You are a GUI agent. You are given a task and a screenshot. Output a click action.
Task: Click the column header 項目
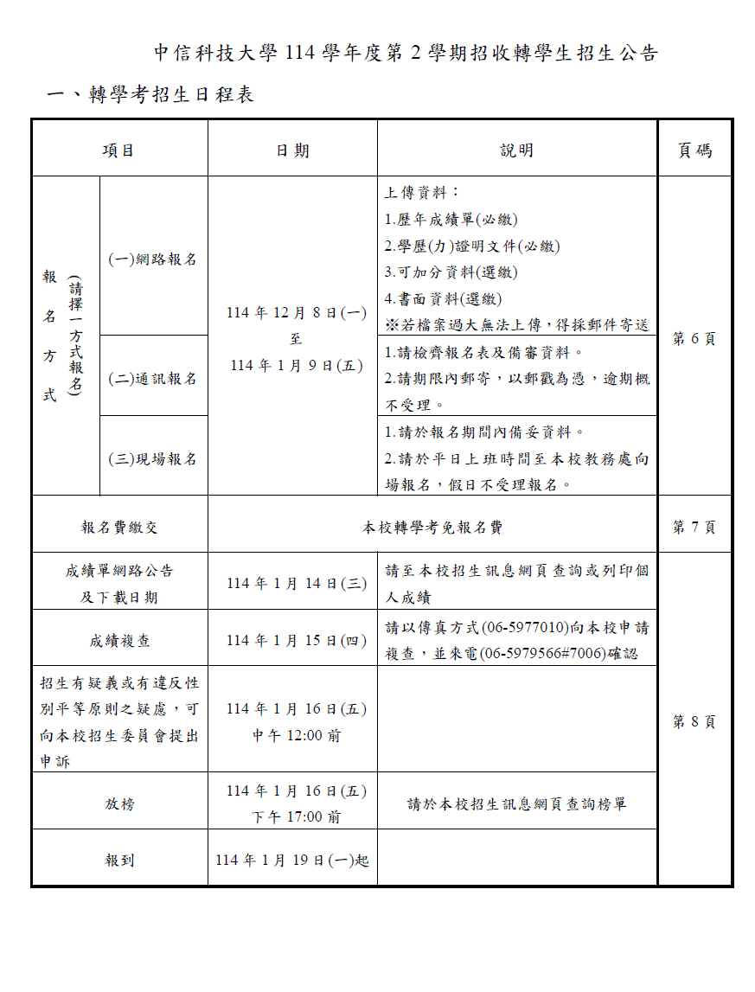(118, 150)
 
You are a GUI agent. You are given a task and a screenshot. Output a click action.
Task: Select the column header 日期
(292, 150)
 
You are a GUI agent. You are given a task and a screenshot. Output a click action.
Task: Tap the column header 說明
(516, 150)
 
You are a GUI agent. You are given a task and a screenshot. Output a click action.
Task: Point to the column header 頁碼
(694, 150)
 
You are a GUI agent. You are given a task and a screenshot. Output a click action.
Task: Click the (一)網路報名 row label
(153, 259)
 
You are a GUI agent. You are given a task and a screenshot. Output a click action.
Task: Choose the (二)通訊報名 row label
(153, 378)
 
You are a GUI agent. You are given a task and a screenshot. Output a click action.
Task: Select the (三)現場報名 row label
(153, 458)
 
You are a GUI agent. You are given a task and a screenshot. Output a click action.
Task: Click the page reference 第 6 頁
(694, 338)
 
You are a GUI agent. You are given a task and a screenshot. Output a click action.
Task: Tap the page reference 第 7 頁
(694, 527)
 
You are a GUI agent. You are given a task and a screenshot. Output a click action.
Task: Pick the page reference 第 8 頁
(694, 722)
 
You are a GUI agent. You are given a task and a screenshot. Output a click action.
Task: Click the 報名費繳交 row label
(119, 527)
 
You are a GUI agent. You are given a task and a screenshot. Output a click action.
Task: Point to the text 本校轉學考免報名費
(432, 527)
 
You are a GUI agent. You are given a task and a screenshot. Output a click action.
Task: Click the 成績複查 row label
(119, 641)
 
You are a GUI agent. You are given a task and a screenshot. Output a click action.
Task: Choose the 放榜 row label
(119, 803)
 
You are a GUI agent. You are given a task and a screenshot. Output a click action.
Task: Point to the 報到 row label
(119, 861)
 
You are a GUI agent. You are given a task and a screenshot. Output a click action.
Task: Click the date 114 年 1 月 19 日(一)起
(292, 861)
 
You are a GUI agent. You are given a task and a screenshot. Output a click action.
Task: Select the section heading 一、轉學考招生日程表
(150, 94)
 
